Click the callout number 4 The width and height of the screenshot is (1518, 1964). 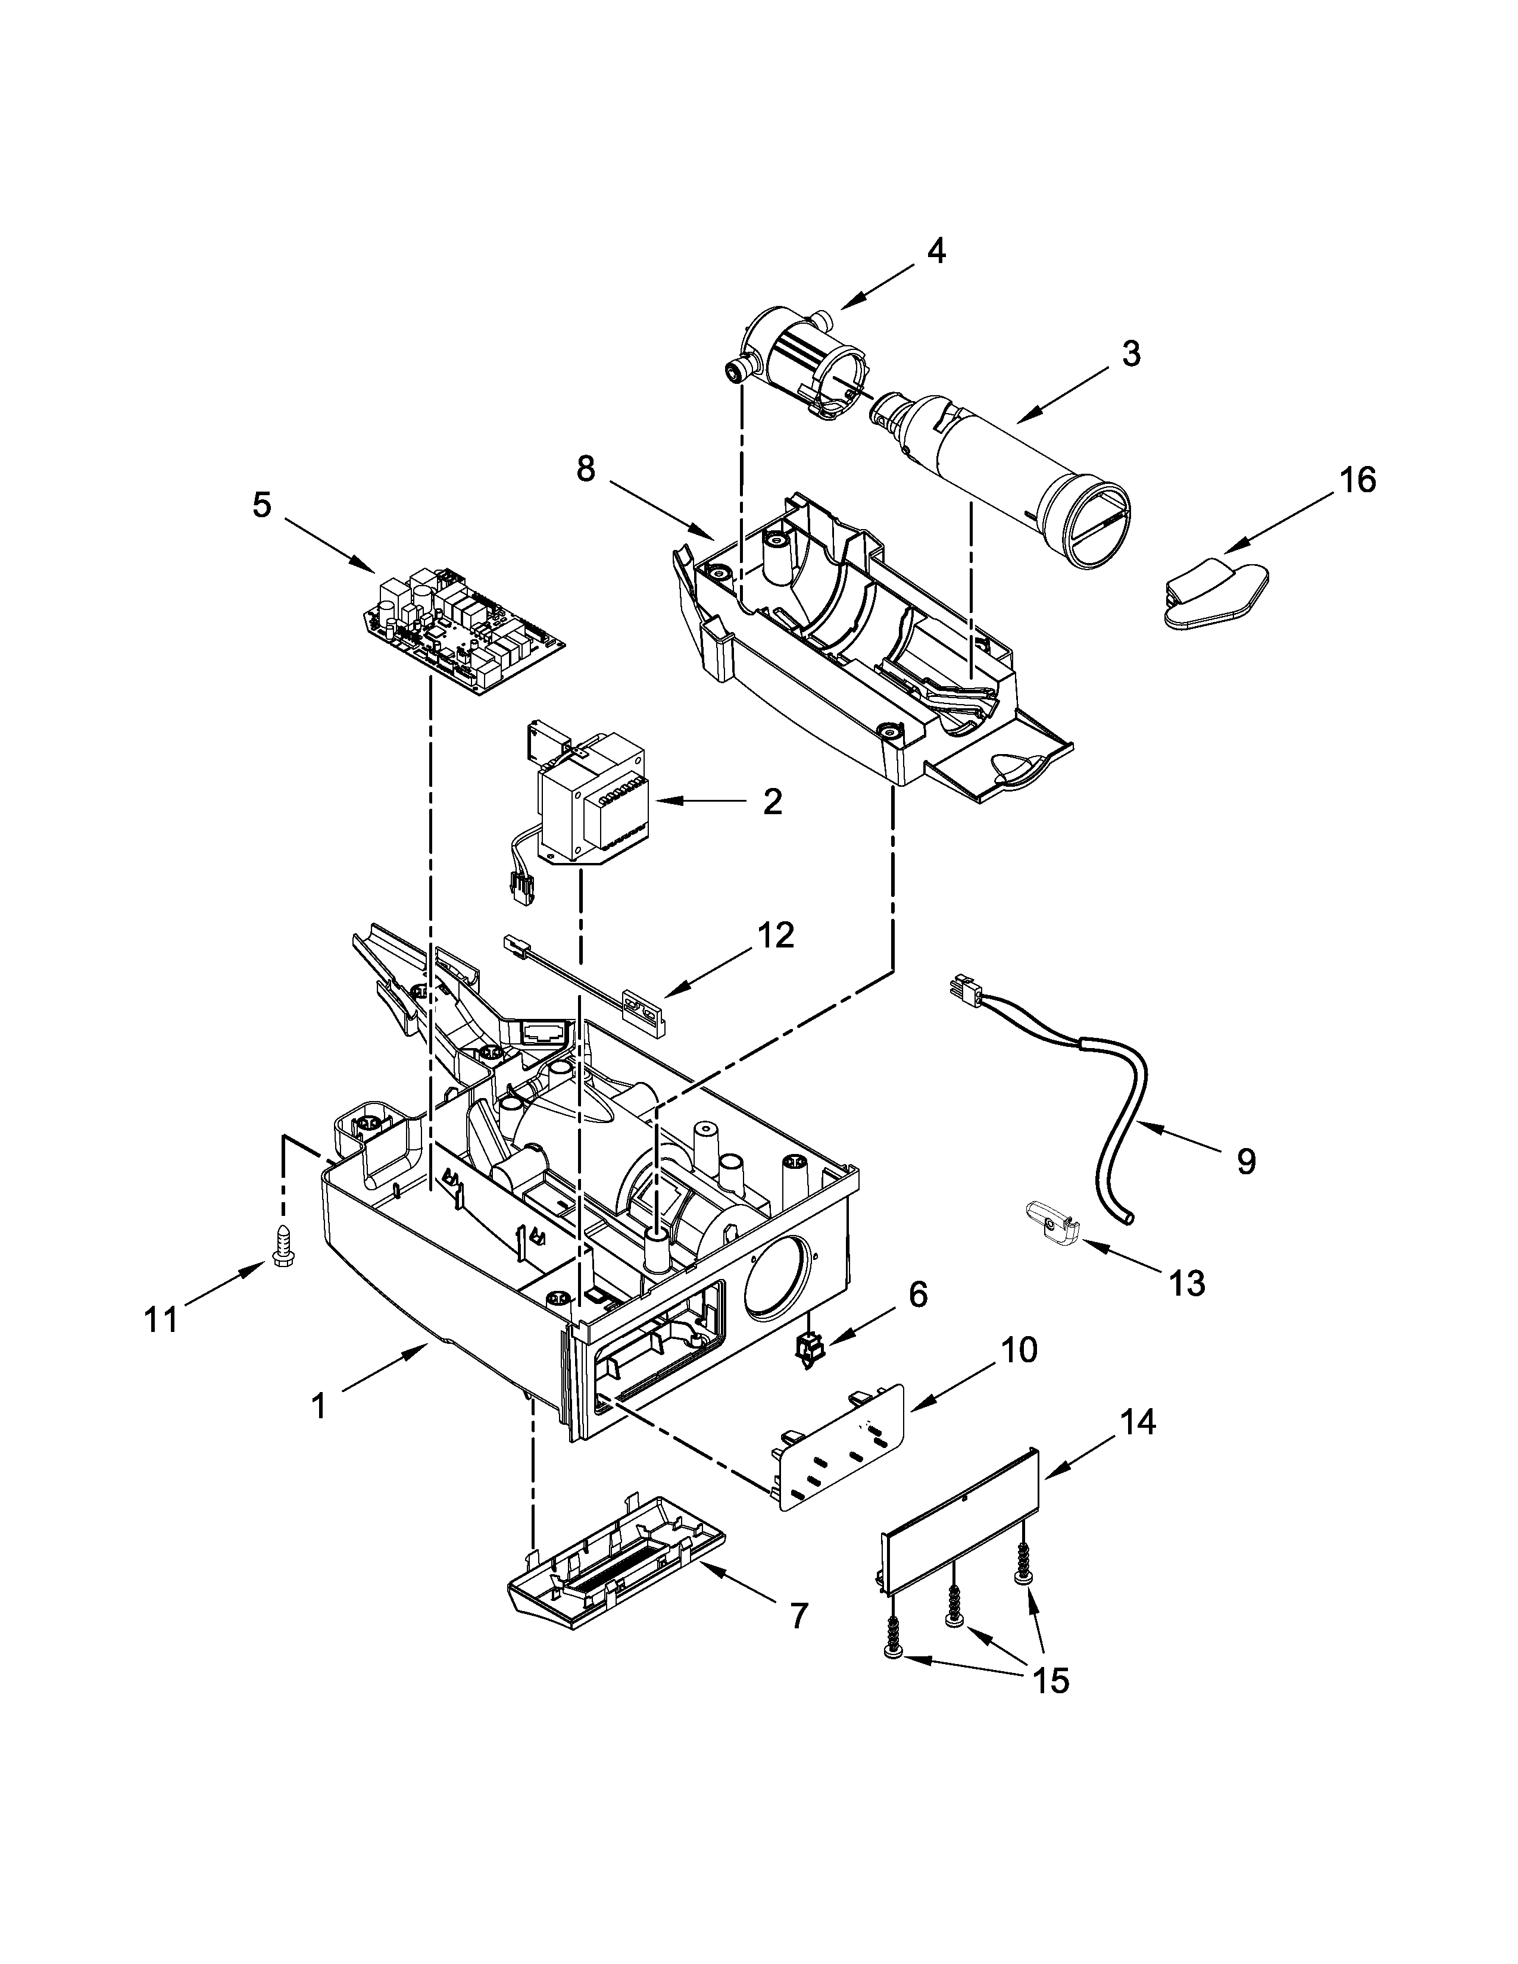(x=936, y=252)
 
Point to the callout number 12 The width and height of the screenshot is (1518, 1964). (x=775, y=936)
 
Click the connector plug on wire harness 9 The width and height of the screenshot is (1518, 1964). (x=962, y=992)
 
